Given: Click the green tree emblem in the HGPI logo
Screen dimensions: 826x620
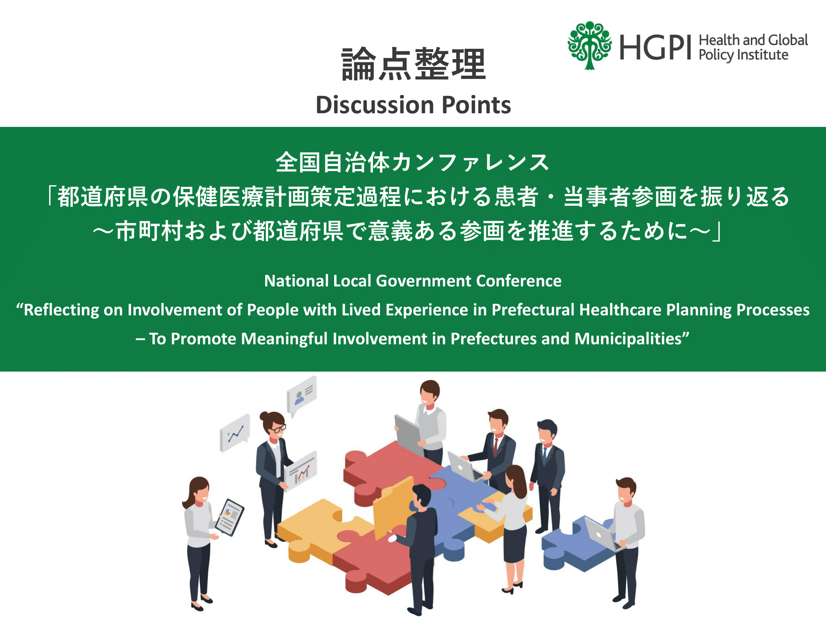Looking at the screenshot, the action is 589,45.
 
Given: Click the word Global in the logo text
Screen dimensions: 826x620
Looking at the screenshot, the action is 788,40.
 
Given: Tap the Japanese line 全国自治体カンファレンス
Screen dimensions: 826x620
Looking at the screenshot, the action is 413,162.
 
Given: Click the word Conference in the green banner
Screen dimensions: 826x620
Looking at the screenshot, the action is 519,281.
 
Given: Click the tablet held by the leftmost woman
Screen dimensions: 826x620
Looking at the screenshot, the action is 230,517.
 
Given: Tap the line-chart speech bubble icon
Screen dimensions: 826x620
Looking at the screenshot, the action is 235,432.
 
